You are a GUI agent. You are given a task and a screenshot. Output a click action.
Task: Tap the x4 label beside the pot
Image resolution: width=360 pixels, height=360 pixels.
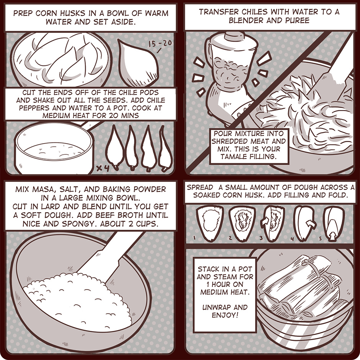coord(103,168)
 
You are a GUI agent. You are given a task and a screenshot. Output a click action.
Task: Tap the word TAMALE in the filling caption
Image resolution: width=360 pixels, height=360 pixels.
coord(233,157)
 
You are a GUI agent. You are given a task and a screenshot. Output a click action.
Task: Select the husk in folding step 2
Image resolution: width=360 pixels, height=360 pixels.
coord(242,223)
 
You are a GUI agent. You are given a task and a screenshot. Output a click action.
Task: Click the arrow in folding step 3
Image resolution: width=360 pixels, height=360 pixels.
coord(264,223)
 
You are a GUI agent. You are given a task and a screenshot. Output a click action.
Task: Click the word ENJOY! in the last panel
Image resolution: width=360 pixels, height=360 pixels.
coord(225,315)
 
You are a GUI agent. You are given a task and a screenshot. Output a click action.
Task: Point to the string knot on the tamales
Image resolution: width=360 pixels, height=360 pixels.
coord(306,262)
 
